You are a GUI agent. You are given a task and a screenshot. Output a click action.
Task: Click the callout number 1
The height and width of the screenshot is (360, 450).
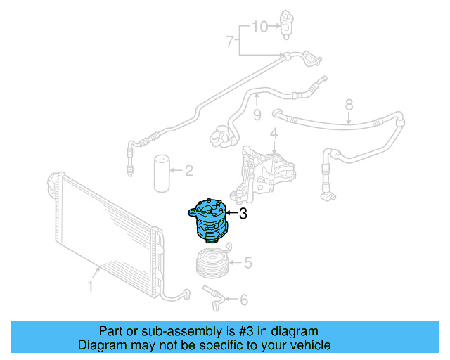pyautogui.click(x=90, y=286)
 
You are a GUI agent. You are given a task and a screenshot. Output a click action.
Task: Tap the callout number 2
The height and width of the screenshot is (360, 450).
pyautogui.click(x=188, y=169)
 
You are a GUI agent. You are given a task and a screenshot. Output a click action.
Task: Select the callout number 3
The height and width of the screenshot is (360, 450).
pyautogui.click(x=243, y=214)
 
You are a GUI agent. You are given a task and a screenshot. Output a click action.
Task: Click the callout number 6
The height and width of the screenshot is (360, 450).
pyautogui.click(x=243, y=300)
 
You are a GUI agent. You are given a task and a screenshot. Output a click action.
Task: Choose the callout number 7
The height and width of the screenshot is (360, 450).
pyautogui.click(x=229, y=43)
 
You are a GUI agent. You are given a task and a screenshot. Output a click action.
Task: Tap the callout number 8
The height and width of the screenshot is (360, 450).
pyautogui.click(x=349, y=105)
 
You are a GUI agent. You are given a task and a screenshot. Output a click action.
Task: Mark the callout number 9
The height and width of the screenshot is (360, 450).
pyautogui.click(x=257, y=113)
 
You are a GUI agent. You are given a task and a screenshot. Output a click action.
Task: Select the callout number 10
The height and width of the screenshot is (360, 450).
pyautogui.click(x=260, y=27)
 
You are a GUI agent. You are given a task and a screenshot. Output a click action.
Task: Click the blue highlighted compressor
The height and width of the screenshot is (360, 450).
pyautogui.click(x=208, y=223)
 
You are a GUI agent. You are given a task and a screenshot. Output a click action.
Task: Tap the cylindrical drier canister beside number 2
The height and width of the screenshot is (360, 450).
pyautogui.click(x=162, y=172)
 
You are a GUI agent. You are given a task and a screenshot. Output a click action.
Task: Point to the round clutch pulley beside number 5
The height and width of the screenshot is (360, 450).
pyautogui.click(x=212, y=263)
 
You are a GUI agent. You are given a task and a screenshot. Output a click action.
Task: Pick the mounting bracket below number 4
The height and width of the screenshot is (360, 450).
pyautogui.click(x=266, y=170)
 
